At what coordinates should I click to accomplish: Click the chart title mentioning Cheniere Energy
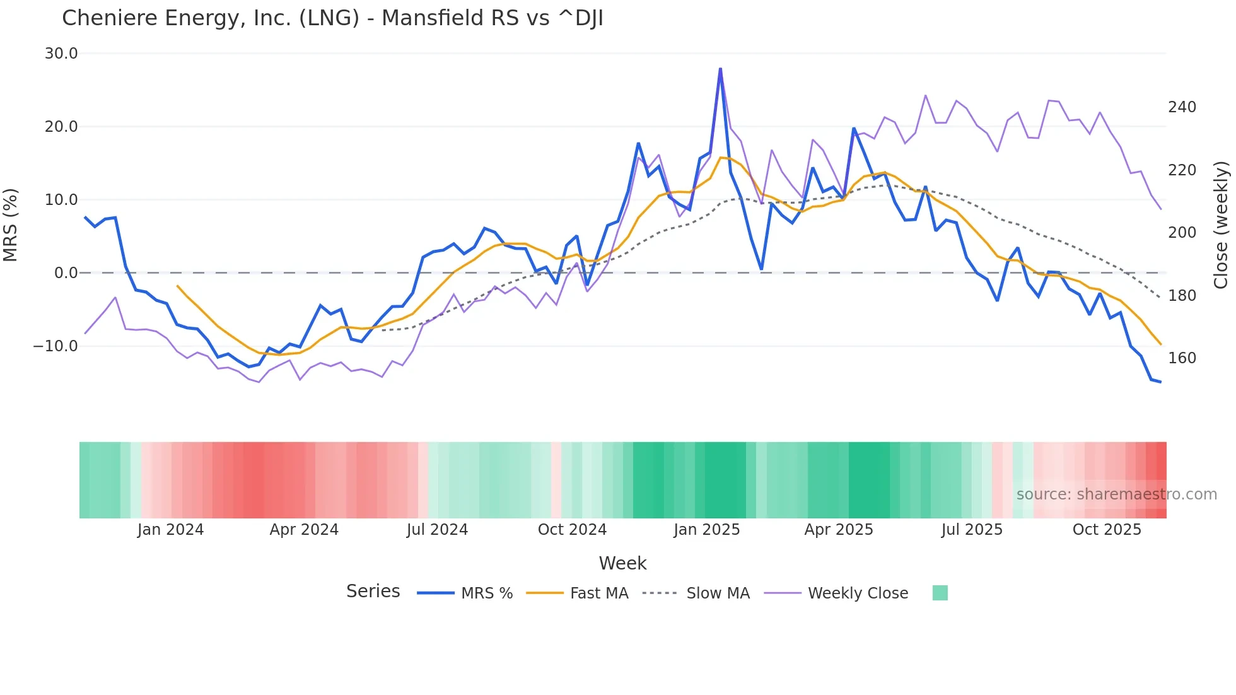332,18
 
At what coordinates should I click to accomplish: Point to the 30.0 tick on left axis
61,54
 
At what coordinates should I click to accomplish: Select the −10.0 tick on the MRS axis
55,346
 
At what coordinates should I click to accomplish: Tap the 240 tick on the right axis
1182,107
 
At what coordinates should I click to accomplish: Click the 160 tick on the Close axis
1182,358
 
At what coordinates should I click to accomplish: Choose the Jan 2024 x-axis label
170,530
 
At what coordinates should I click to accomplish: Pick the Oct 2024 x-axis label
572,530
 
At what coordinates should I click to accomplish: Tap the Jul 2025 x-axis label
972,530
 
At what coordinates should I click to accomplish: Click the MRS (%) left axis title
11,225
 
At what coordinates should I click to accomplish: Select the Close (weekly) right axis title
1221,225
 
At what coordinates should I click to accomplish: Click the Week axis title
622,563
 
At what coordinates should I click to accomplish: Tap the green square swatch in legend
940,593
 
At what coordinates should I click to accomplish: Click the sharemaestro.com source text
1116,494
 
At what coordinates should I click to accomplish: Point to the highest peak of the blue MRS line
720,69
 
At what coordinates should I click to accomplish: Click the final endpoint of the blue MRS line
1160,382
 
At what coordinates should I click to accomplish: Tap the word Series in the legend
373,592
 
